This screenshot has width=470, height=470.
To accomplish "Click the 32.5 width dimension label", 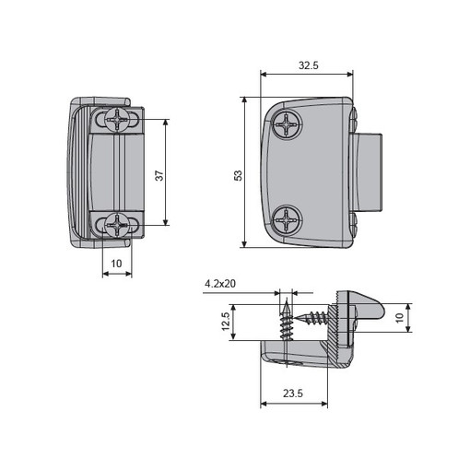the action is [309, 65].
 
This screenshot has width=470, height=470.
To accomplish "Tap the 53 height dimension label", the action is [239, 175].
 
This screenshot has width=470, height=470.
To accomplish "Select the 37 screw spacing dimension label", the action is [159, 175].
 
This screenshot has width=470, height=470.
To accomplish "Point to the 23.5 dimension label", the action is [293, 394].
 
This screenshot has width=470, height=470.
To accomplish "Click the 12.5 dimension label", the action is [226, 322].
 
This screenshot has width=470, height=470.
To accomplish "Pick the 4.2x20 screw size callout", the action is [220, 283].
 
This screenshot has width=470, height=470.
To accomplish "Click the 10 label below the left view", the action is [116, 264].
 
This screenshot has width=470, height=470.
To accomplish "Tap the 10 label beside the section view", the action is [399, 318].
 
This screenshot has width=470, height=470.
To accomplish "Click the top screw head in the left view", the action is [118, 119].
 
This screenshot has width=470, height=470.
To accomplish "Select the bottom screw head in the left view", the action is [118, 225].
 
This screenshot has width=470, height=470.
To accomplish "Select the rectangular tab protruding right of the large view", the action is [367, 172].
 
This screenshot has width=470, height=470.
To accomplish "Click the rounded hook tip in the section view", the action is [380, 311].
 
